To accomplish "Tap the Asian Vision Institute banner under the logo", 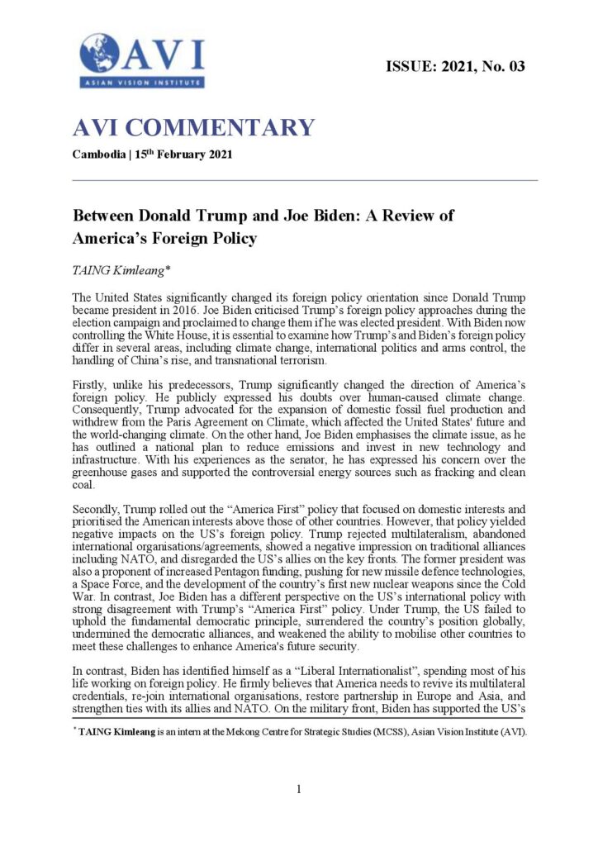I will tap(142, 83).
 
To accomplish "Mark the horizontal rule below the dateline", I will tap(306, 180).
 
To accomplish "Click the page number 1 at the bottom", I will tap(299, 789).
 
